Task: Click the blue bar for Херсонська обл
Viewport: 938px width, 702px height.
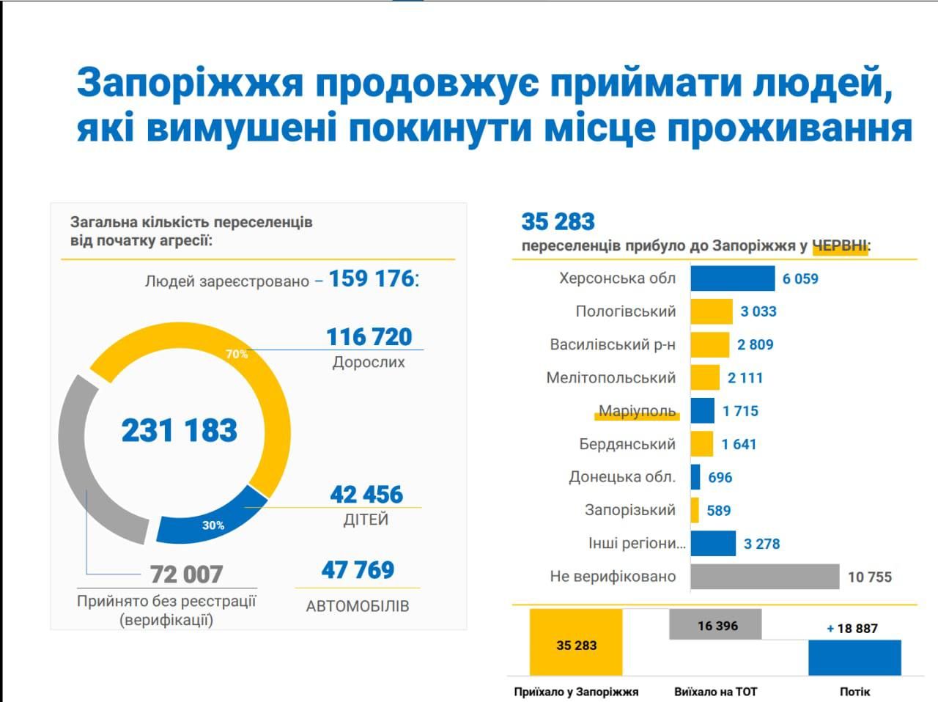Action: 732,278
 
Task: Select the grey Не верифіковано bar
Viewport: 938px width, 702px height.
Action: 764,577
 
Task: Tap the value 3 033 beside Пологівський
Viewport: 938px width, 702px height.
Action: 758,311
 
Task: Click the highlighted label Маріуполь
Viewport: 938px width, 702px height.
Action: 637,411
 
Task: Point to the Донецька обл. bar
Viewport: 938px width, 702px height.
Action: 695,477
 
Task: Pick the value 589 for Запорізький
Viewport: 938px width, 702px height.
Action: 718,511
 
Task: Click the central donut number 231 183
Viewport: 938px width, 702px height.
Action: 180,430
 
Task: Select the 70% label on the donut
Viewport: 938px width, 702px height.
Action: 237,354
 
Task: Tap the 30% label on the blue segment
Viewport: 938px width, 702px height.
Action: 213,525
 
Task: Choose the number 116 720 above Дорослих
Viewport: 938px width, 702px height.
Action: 369,337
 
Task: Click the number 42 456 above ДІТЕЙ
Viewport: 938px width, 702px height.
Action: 366,495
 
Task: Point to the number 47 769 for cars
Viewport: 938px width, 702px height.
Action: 358,570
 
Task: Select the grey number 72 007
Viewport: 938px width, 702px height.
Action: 186,574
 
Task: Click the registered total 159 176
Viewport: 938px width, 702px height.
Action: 372,279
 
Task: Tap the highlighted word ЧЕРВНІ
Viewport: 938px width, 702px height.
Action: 840,246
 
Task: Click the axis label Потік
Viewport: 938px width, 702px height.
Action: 854,691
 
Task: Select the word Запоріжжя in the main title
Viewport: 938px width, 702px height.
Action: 190,83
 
